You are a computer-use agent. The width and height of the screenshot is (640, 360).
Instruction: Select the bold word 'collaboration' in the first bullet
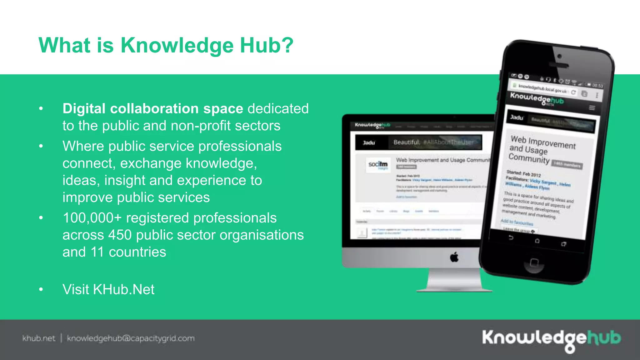[x=154, y=109]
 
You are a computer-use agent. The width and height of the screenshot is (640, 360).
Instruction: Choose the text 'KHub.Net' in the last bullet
[x=124, y=289]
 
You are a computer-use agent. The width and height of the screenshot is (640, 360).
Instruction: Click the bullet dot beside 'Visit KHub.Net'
[x=41, y=289]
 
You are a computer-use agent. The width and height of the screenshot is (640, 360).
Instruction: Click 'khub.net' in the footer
[x=39, y=338]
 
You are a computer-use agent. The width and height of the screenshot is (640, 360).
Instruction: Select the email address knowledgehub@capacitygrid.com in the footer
[x=131, y=338]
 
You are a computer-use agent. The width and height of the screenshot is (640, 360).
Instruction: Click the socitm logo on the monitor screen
[x=378, y=164]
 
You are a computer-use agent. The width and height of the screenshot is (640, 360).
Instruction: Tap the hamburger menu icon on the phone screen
[x=592, y=108]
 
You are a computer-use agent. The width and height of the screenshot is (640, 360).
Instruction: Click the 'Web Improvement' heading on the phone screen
[x=543, y=142]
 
